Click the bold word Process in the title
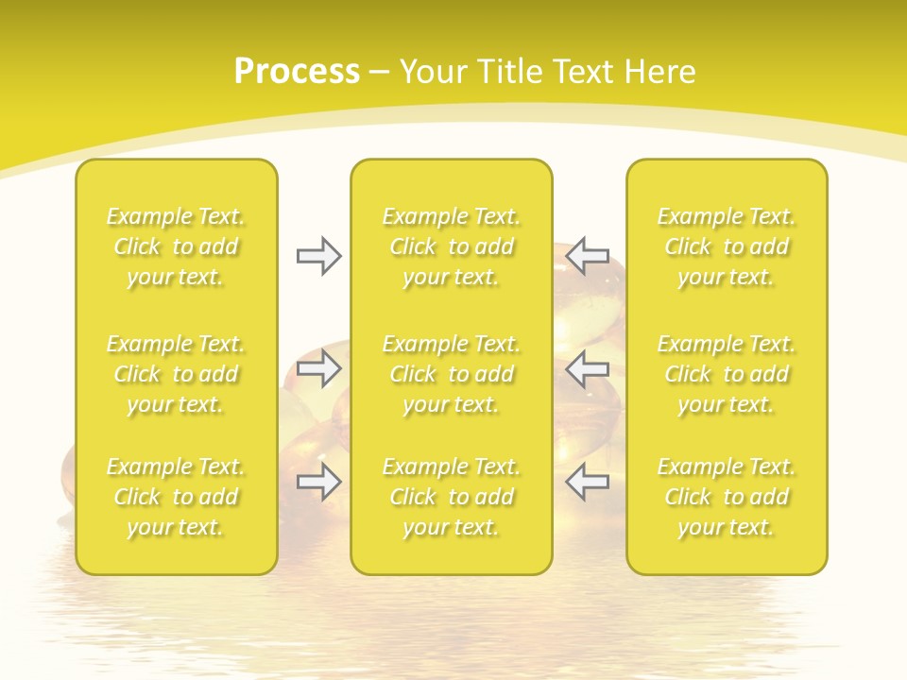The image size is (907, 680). pyautogui.click(x=297, y=72)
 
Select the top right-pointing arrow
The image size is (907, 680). pyautogui.click(x=318, y=255)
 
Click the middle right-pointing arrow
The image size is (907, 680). pyautogui.click(x=318, y=368)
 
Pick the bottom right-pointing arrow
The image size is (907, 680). pyautogui.click(x=318, y=482)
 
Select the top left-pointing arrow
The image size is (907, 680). pyautogui.click(x=588, y=255)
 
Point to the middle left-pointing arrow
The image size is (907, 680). pyautogui.click(x=588, y=368)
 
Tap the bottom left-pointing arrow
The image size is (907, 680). pyautogui.click(x=588, y=482)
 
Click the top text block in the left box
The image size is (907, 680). pyautogui.click(x=176, y=246)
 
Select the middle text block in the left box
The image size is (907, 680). pyautogui.click(x=176, y=374)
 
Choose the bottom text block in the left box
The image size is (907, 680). pyautogui.click(x=176, y=497)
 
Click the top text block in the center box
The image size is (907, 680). pyautogui.click(x=451, y=246)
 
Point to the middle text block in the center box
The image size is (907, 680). pyautogui.click(x=451, y=374)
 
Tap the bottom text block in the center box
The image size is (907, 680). pyautogui.click(x=451, y=497)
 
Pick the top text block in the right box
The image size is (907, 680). pyautogui.click(x=726, y=246)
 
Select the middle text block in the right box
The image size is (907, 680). pyautogui.click(x=726, y=374)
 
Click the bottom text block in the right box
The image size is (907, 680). pyautogui.click(x=726, y=497)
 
